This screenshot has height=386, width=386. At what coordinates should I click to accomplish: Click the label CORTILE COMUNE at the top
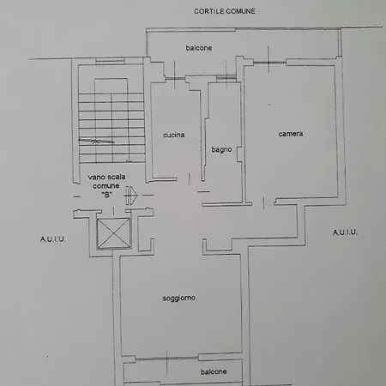[226, 11]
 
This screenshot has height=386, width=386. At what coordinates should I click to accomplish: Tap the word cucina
[175, 136]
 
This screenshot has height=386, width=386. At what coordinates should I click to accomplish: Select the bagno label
[221, 150]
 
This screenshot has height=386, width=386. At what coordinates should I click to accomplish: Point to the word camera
[290, 134]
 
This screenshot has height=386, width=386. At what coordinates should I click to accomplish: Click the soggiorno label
[179, 299]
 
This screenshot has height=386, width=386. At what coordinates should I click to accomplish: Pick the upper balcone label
[199, 48]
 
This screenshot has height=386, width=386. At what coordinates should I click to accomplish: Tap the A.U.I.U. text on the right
[344, 232]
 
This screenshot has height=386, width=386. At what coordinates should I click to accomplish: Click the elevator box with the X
[112, 233]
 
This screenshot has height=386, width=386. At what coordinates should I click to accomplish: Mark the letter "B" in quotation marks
[107, 195]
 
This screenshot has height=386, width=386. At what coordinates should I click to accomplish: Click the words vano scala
[107, 178]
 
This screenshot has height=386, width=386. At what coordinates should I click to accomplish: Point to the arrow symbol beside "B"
[130, 194]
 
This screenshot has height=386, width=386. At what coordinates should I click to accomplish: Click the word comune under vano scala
[107, 186]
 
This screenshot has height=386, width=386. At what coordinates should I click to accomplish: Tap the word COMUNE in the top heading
[242, 11]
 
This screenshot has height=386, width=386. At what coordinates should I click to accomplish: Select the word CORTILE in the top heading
[208, 11]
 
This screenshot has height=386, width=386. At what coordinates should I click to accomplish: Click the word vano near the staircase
[97, 178]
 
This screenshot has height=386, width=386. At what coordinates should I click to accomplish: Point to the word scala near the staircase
[117, 178]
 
